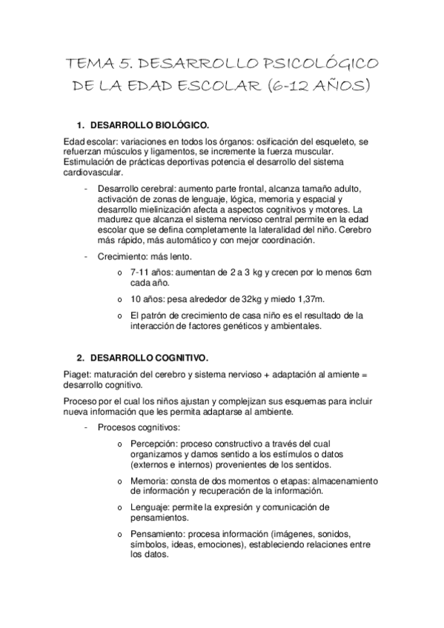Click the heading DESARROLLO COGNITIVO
point(148,357)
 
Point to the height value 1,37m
point(308,298)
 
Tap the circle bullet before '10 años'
point(119,299)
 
